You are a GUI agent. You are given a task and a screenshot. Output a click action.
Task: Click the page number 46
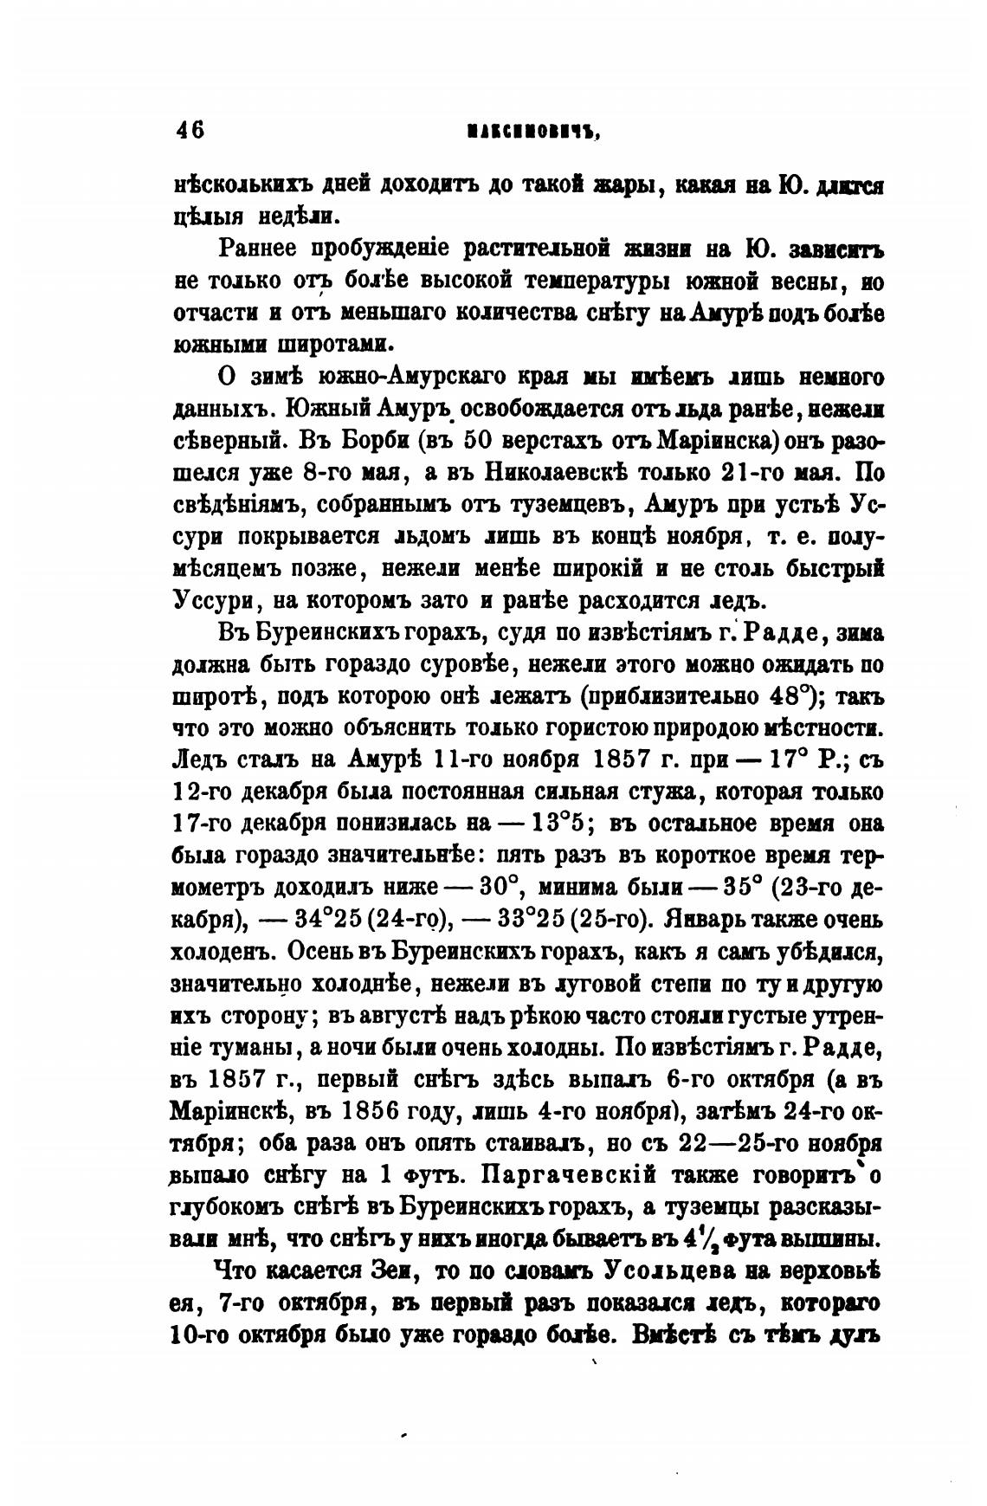(x=190, y=130)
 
